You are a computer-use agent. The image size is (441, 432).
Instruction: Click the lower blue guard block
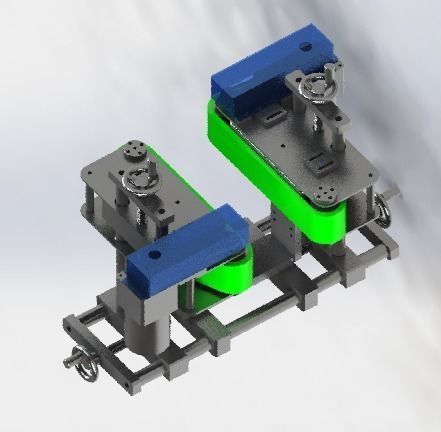coord(186,250)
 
